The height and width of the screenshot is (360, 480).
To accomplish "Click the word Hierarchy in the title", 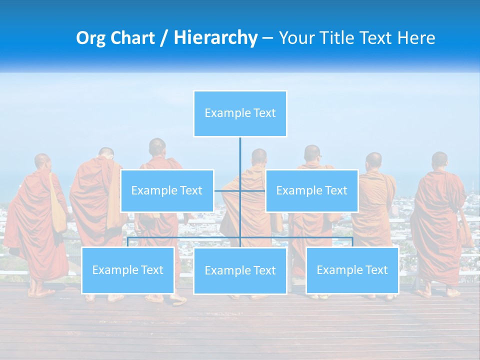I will click(x=215, y=38).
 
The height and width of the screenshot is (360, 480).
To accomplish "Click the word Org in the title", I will click(x=90, y=38).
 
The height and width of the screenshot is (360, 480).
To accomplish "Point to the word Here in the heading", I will click(x=416, y=38).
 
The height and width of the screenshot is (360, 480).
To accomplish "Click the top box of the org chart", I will click(x=240, y=113).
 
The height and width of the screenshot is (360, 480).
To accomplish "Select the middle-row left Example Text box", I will click(x=167, y=190).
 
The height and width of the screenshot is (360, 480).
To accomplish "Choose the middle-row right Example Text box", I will click(x=311, y=190).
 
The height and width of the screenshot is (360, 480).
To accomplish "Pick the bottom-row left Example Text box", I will click(x=128, y=270).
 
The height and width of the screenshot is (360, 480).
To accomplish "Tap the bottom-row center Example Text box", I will click(x=240, y=270).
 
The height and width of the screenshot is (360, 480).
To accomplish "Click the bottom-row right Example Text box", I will click(x=352, y=270).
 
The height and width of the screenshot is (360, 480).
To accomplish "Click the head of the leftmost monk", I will click(x=42, y=161).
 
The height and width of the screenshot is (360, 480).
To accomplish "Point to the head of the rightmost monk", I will click(x=439, y=160).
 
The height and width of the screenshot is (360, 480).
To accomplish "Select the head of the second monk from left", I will click(x=106, y=154).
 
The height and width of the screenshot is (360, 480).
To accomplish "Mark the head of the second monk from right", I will click(x=373, y=160).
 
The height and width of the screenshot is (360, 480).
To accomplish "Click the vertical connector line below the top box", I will click(x=240, y=160).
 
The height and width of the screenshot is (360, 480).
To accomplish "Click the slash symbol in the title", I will click(x=164, y=38).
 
